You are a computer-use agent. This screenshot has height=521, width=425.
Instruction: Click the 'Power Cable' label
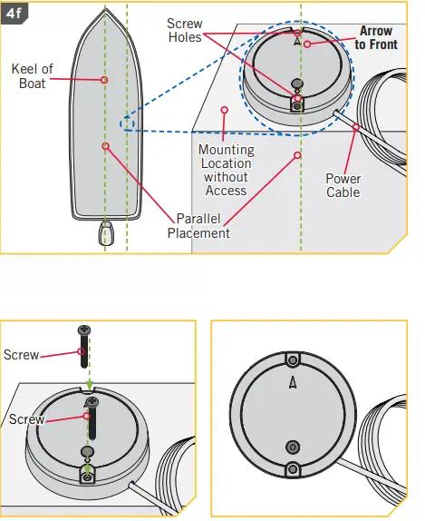(343, 185)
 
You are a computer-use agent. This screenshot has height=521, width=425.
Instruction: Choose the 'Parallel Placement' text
(198, 226)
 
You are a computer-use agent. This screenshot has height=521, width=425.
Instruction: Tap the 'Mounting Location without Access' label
(226, 170)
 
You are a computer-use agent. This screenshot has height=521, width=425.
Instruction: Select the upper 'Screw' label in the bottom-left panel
(21, 354)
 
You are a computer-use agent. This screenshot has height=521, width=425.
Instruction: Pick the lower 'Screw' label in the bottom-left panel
(26, 419)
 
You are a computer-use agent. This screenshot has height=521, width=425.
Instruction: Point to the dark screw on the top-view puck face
(291, 446)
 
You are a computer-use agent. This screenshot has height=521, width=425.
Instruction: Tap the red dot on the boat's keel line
(105, 80)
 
